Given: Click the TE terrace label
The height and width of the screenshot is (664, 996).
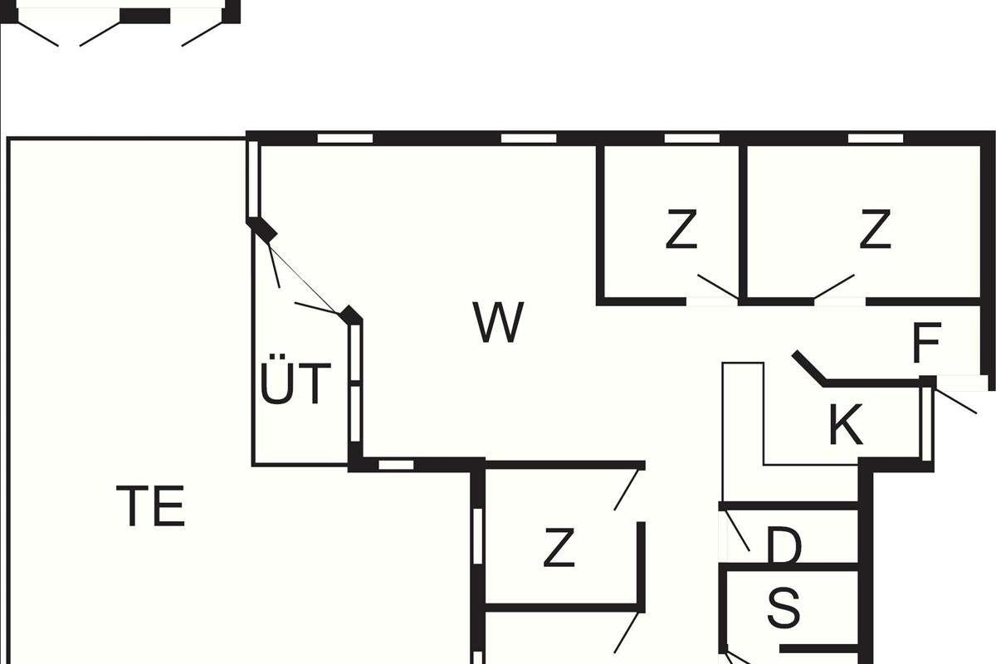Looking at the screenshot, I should [x=150, y=506].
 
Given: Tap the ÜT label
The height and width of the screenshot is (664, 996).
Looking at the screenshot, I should [x=295, y=383].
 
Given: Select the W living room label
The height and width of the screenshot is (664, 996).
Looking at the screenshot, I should [x=499, y=323].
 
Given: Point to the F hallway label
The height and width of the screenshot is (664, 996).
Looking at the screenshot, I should [x=926, y=344].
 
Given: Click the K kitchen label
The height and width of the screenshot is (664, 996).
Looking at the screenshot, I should [x=846, y=425].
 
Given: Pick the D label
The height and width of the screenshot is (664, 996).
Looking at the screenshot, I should [x=784, y=547].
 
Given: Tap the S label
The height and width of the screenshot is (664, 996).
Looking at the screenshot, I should [x=784, y=608].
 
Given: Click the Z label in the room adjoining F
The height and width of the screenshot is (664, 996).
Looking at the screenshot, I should [x=875, y=230].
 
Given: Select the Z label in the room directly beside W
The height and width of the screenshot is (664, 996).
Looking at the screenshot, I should [x=681, y=230].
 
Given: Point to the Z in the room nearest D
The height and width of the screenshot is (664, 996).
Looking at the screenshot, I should [x=559, y=548].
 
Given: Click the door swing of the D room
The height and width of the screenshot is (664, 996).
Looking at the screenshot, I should [x=738, y=532].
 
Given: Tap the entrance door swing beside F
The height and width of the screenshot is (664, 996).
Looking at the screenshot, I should [x=955, y=402].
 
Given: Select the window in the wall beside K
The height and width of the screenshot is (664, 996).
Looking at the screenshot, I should [x=926, y=423].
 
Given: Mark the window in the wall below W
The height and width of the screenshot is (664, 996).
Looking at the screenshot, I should [x=396, y=465].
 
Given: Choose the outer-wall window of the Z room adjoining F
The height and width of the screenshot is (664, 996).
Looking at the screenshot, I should [x=875, y=138].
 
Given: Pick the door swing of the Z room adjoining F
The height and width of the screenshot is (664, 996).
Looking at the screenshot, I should [x=833, y=286].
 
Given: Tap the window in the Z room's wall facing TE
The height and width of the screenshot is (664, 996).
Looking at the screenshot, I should [x=477, y=535].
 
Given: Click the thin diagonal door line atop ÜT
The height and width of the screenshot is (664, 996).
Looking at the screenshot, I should [x=304, y=271].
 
